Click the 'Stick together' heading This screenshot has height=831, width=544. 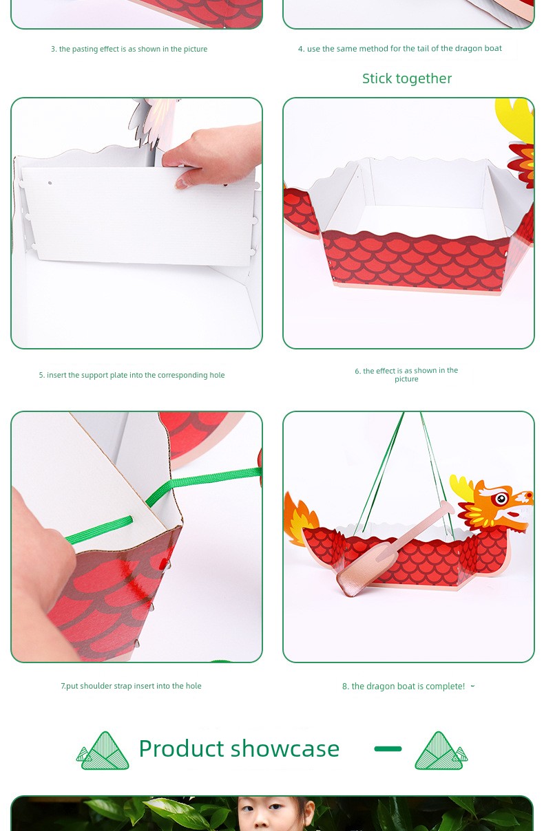point(407,78)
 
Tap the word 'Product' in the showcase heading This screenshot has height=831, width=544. point(182,748)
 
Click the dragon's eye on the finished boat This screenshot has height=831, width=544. point(501,499)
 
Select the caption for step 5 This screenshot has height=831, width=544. point(132,375)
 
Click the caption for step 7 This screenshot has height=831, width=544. point(131,686)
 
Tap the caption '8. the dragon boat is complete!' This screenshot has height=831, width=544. point(404,687)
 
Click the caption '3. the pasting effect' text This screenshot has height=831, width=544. point(129,49)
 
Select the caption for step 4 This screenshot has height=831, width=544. point(400,49)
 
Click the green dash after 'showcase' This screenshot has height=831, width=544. point(388,748)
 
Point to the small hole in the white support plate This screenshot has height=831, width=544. point(50,183)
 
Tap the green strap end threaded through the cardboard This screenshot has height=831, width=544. point(101,530)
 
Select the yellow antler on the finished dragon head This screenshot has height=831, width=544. point(461,487)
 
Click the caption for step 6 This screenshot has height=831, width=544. point(406,375)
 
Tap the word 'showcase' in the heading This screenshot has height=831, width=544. point(285,748)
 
